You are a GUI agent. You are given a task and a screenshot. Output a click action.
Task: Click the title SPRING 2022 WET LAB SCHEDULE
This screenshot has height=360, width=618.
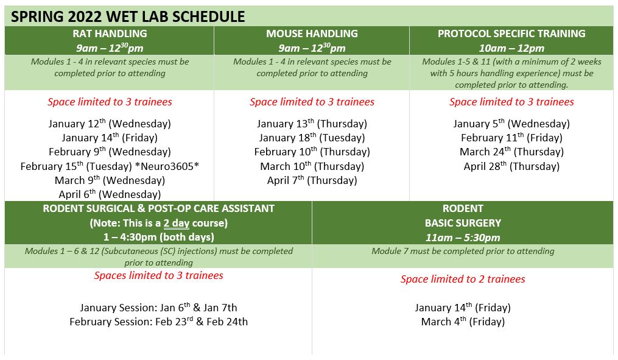tap(128, 16)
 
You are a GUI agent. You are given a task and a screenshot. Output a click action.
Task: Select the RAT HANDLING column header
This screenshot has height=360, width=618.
tap(110, 34)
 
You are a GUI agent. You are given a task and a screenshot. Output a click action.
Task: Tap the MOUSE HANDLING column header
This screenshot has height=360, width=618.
tap(312, 34)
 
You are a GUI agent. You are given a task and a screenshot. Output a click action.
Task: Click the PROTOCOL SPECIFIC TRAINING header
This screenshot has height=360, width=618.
tap(511, 34)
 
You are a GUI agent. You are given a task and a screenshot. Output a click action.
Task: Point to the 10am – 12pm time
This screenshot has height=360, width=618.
tap(511, 48)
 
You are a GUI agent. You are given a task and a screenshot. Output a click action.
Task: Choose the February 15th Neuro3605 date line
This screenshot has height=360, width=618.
tap(110, 166)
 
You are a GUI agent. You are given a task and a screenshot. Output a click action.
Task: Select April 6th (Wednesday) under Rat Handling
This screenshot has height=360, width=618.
tap(110, 194)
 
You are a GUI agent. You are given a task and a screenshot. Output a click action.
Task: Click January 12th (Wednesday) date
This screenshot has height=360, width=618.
tap(110, 124)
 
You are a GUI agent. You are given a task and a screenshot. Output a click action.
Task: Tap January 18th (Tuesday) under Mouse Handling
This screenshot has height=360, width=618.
tap(312, 138)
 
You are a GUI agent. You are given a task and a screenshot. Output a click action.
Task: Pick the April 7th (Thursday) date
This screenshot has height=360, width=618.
tap(312, 180)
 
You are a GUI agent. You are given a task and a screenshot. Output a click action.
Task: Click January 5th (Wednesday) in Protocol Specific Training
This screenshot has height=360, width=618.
tap(511, 124)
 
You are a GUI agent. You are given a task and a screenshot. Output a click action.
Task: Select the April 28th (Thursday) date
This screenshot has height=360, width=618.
tap(511, 166)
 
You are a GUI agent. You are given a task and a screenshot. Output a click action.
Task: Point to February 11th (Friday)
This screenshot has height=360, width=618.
tap(511, 138)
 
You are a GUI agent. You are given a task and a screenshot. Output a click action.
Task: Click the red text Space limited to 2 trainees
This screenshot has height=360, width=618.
tap(463, 279)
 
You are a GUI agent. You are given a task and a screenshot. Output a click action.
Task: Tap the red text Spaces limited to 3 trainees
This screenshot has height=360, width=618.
tap(158, 275)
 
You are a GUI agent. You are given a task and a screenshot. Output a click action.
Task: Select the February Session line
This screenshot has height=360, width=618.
tap(158, 322)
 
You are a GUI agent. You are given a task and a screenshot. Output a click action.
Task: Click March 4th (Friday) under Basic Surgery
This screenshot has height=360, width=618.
tap(463, 322)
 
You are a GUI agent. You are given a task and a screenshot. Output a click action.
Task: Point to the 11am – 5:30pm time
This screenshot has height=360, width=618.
tap(463, 238)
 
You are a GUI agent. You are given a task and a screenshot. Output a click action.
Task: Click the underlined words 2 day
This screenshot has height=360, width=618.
tap(177, 223)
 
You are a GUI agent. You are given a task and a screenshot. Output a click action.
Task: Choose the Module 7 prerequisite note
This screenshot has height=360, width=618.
tap(463, 251)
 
